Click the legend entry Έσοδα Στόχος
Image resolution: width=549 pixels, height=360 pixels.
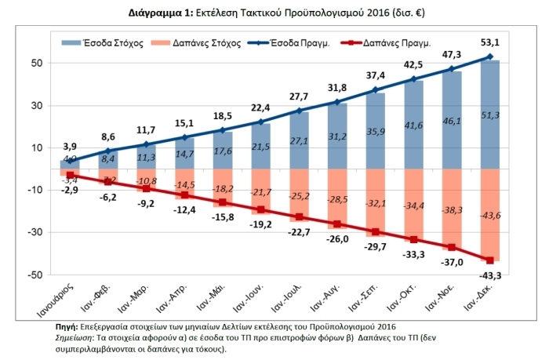point(111,44)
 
